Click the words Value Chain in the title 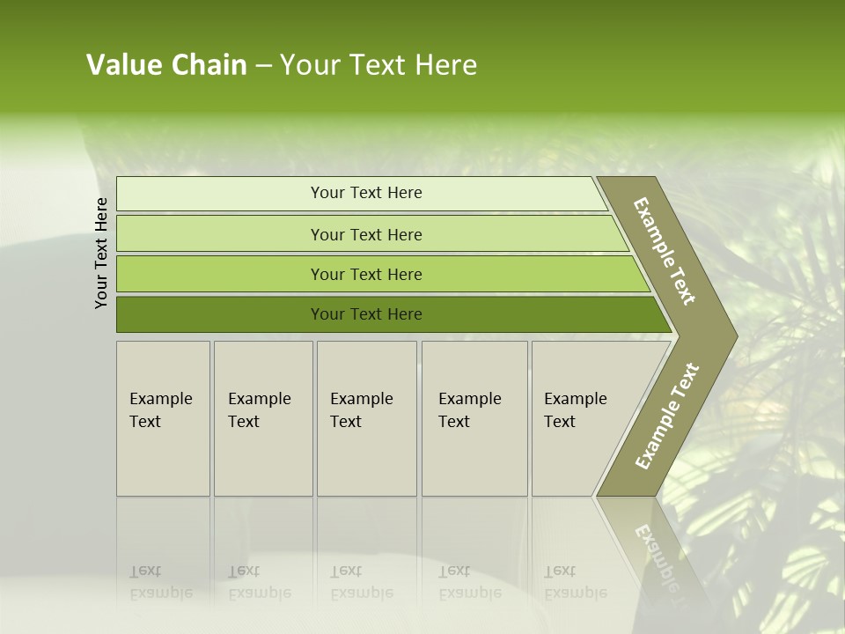166,65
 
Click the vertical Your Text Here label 101,253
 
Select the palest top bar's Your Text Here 366,193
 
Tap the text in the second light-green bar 366,234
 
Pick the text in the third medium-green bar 366,274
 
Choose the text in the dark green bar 366,313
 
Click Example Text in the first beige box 160,409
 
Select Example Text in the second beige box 259,409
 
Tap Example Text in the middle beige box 361,409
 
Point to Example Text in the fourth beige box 469,409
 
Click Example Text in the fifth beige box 575,409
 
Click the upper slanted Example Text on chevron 665,251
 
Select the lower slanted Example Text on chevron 666,416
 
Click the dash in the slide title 263,65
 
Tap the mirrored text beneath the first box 160,582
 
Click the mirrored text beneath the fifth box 575,582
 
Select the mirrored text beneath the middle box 361,582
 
